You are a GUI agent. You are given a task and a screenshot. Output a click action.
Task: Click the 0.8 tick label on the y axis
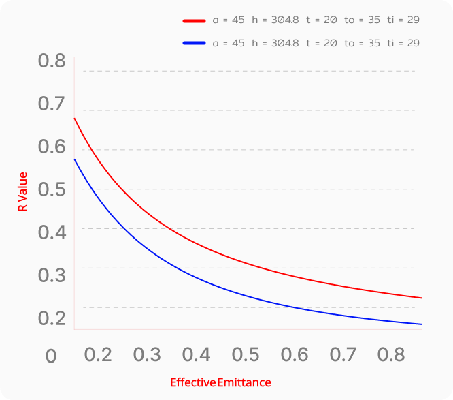pyautogui.click(x=52, y=61)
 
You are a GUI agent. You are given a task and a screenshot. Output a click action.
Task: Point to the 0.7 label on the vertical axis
pyautogui.click(x=52, y=104)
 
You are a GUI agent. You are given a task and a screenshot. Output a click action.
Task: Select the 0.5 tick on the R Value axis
pyautogui.click(x=52, y=189)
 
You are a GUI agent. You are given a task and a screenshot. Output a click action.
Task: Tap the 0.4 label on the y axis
pyautogui.click(x=52, y=232)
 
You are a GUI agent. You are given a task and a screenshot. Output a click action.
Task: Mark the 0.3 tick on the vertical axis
pyautogui.click(x=52, y=275)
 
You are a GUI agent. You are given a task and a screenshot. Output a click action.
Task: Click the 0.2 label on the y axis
pyautogui.click(x=52, y=318)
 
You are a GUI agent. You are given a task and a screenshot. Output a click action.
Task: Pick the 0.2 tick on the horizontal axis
pyautogui.click(x=98, y=354)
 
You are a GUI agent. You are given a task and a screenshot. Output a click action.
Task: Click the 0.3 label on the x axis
pyautogui.click(x=147, y=354)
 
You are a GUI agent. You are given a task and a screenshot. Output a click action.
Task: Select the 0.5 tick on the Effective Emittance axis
pyautogui.click(x=245, y=354)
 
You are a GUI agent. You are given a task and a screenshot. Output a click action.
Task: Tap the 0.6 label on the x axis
pyautogui.click(x=294, y=354)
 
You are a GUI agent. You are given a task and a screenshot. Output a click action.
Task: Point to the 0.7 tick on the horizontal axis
pyautogui.click(x=343, y=354)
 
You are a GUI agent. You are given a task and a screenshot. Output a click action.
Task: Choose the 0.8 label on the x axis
pyautogui.click(x=392, y=354)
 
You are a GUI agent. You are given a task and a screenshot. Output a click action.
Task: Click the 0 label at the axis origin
pyautogui.click(x=50, y=356)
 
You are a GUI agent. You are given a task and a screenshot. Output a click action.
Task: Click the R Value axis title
pyautogui.click(x=23, y=191)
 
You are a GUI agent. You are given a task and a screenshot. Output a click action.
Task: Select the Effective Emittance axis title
pyautogui.click(x=220, y=382)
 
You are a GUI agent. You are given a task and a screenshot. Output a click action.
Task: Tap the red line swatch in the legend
pyautogui.click(x=195, y=20)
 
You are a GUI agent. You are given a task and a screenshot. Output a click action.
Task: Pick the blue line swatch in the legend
pyautogui.click(x=195, y=43)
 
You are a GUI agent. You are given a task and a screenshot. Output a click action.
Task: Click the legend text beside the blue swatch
pyautogui.click(x=316, y=43)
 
